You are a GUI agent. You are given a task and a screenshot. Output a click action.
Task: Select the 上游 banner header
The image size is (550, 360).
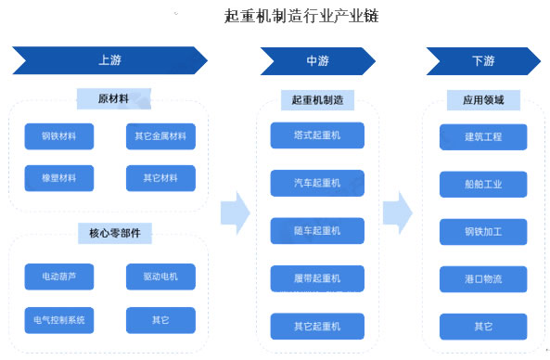click(x=109, y=61)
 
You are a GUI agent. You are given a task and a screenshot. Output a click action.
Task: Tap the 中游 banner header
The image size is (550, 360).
click(x=317, y=61)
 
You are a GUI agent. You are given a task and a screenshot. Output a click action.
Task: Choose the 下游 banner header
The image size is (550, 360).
click(x=482, y=61)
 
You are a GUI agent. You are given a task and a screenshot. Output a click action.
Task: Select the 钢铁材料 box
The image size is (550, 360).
click(x=59, y=138)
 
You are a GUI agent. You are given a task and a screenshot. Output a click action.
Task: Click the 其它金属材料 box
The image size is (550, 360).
click(x=160, y=138)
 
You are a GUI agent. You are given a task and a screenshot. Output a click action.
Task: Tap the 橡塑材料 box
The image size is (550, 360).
click(x=59, y=178)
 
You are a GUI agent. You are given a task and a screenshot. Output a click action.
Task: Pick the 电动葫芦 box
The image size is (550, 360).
click(x=59, y=276)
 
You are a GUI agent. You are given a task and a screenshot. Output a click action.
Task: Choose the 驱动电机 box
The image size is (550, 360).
click(x=160, y=276)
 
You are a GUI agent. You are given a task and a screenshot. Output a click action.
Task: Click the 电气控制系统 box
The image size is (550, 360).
click(x=59, y=320)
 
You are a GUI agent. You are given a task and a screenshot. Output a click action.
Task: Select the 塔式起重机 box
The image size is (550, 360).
click(x=317, y=135)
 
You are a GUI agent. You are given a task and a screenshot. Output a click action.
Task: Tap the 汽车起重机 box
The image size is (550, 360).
click(x=317, y=183)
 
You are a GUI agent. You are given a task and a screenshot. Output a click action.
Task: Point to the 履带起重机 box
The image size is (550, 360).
click(x=317, y=278)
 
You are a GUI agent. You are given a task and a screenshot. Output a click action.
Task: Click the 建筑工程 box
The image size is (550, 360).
click(x=482, y=137)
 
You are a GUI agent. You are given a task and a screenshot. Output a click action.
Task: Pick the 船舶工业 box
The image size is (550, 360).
click(x=482, y=185)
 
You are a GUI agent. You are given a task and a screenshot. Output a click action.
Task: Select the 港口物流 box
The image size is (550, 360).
click(x=482, y=279)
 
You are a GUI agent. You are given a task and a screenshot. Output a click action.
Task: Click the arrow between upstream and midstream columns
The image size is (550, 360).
click(x=236, y=212)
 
